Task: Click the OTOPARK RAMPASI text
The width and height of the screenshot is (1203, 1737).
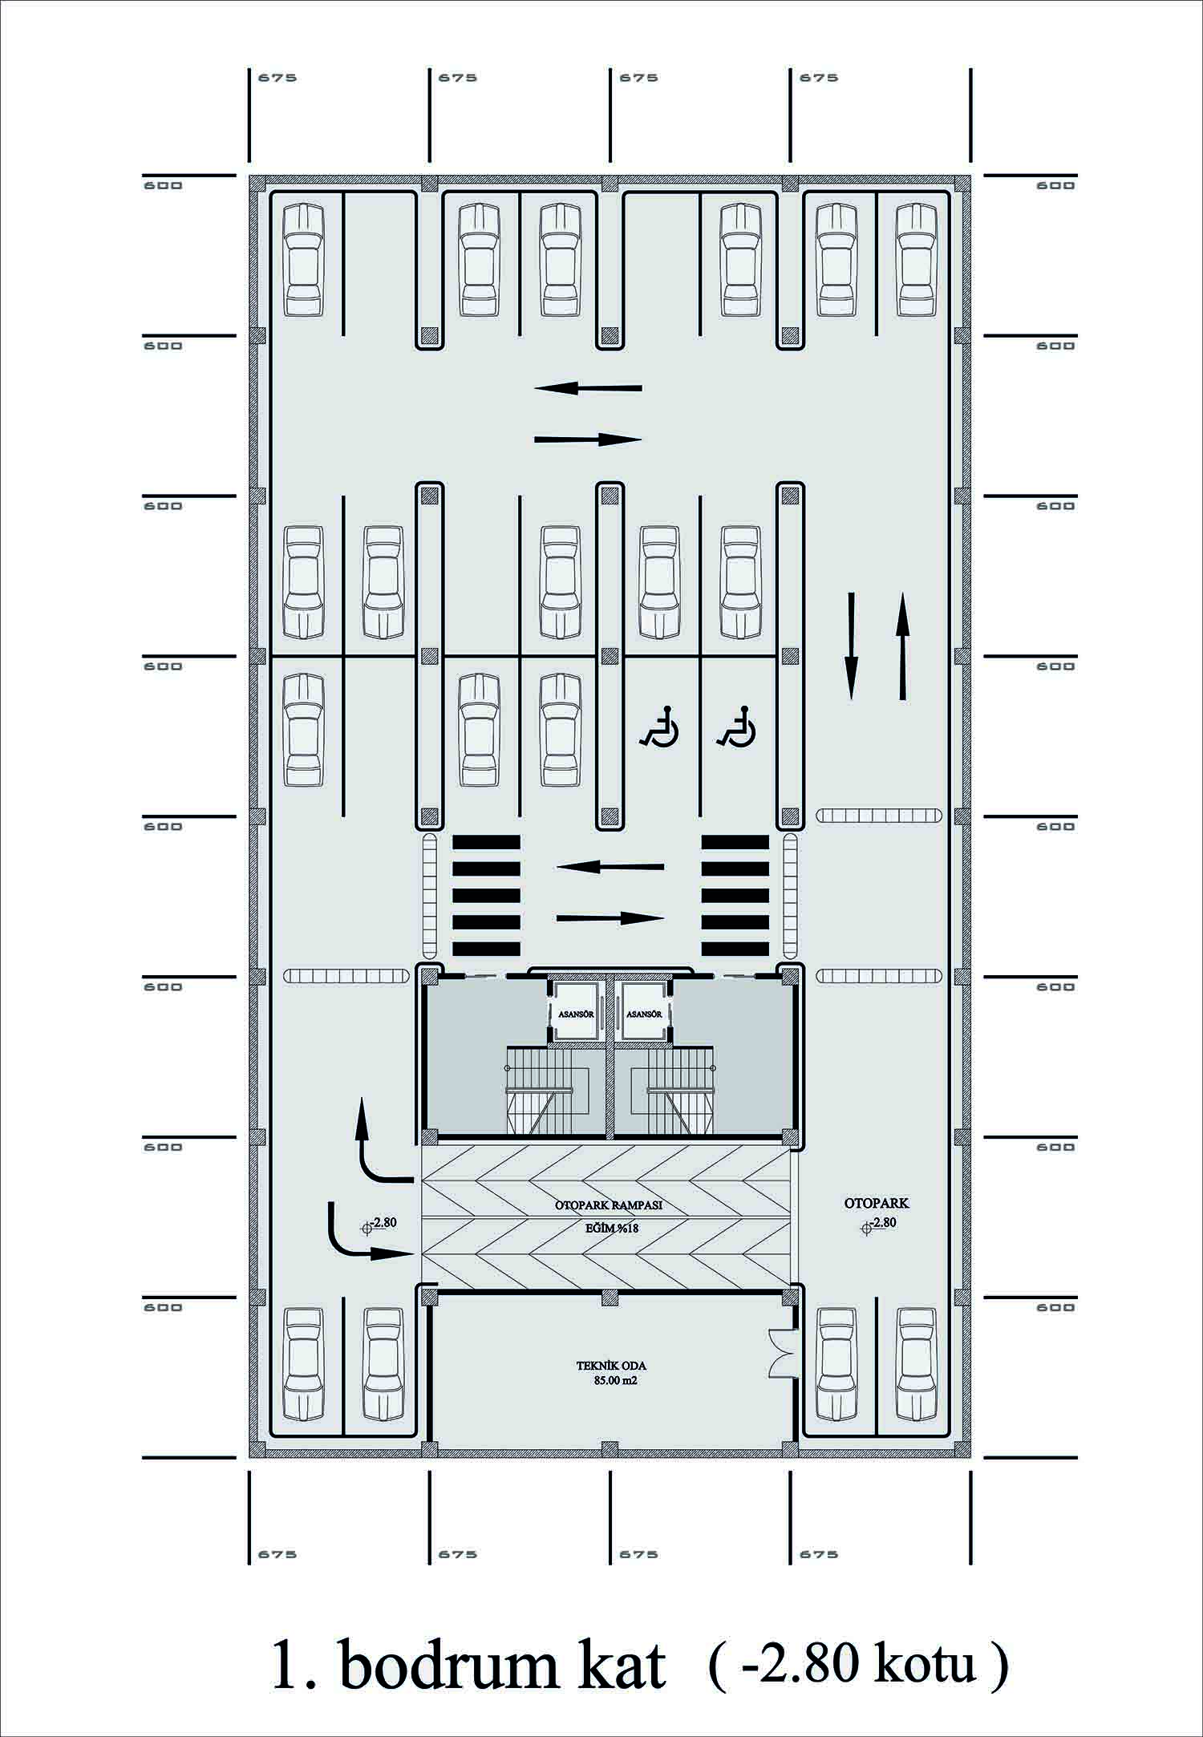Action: coord(609,1205)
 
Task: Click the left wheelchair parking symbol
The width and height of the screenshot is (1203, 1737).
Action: coord(660,727)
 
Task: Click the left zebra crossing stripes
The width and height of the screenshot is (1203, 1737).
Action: coord(487,895)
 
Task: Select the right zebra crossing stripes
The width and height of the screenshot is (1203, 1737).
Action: coord(735,895)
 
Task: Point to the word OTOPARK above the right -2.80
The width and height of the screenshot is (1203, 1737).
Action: coord(877,1203)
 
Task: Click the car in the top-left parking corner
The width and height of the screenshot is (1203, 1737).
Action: coord(304,259)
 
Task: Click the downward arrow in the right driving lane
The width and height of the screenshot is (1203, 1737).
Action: coord(852,646)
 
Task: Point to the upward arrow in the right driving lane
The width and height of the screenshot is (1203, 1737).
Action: coord(903,646)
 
